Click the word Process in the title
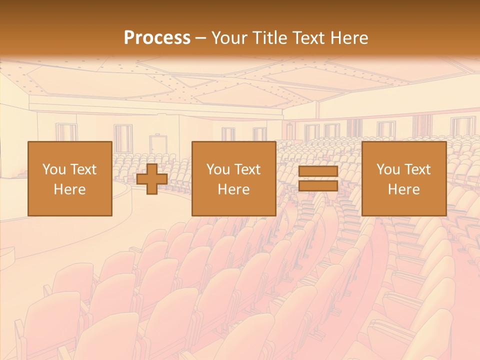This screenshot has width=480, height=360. click(157, 38)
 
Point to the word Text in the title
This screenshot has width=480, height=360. click(311, 38)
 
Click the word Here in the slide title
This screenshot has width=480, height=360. click(350, 38)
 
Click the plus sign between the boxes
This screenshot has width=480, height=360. click(152, 179)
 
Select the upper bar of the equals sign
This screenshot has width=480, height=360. click(318, 171)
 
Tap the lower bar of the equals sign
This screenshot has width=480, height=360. click(318, 186)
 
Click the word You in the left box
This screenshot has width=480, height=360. click(54, 169)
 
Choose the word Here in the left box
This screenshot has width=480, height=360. click(69, 189)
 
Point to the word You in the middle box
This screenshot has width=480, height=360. click(218, 169)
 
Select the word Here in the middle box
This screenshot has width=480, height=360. click(233, 189)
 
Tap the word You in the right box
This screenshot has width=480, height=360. click(388, 169)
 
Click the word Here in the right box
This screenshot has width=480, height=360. click(403, 189)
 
